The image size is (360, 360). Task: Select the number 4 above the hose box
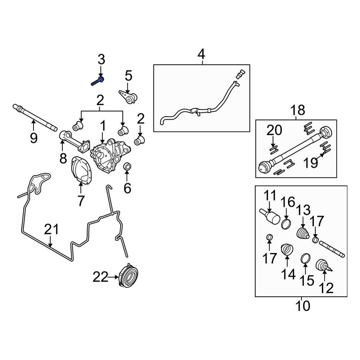click(x=201, y=55)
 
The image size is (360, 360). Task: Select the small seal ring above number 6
click(x=127, y=167)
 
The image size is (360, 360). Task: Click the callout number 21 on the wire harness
click(x=51, y=229)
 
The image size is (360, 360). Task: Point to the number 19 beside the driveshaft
click(x=310, y=162)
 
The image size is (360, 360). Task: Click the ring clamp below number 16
click(x=286, y=224)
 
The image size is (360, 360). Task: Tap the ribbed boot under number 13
click(x=303, y=233)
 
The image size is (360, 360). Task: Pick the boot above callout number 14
click(x=287, y=250)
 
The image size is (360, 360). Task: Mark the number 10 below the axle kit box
click(x=303, y=306)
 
